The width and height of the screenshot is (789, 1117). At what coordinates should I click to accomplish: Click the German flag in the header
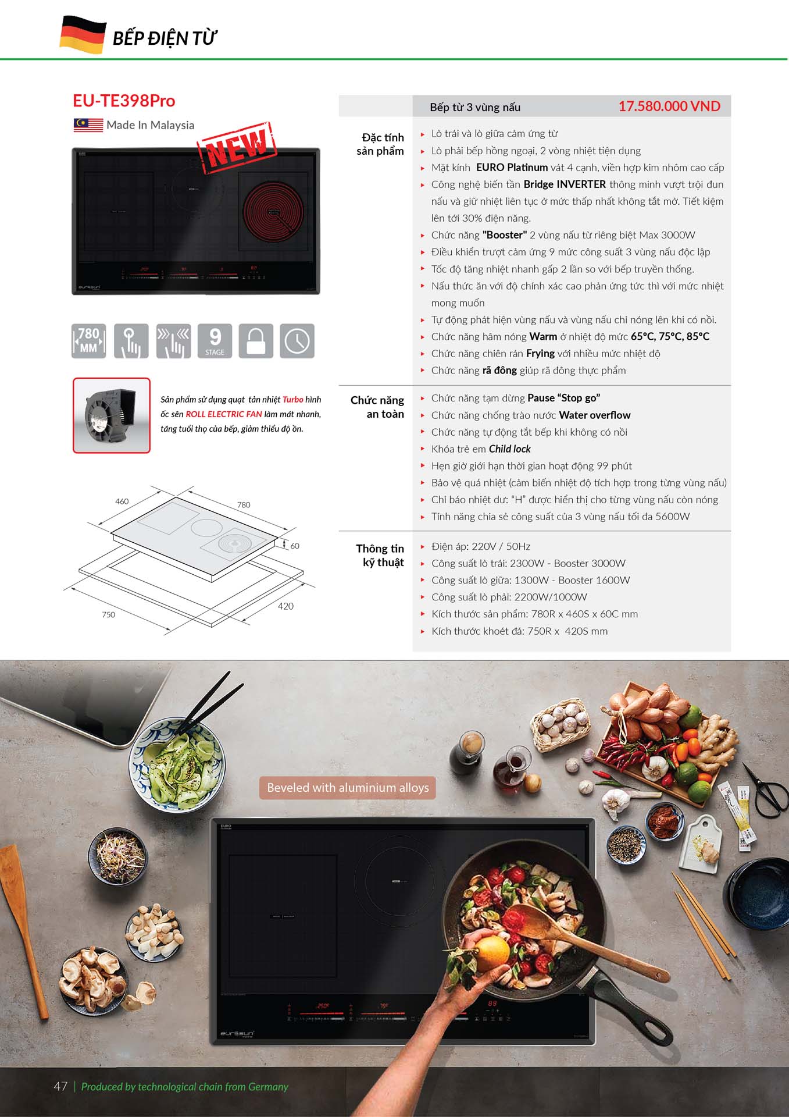click(x=83, y=35)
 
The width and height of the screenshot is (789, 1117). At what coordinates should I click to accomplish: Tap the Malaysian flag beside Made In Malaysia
click(x=88, y=125)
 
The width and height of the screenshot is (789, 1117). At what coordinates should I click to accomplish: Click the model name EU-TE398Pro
click(x=124, y=101)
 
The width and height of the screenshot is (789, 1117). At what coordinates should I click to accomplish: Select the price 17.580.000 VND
click(x=669, y=106)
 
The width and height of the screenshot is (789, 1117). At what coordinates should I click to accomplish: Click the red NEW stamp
click(x=237, y=147)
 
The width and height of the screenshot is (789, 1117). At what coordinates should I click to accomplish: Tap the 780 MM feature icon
click(x=89, y=341)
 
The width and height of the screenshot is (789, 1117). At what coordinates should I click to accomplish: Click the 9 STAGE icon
click(x=215, y=341)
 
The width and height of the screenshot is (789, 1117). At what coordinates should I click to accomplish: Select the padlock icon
click(x=256, y=341)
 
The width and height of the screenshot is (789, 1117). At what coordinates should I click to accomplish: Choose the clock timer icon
click(x=297, y=341)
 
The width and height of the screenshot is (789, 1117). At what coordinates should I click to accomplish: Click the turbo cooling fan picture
click(x=112, y=415)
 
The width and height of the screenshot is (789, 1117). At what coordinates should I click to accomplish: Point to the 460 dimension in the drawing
click(x=122, y=501)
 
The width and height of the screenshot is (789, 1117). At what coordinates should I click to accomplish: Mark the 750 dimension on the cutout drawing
click(x=109, y=614)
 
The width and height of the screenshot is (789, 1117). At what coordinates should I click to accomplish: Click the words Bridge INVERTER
click(x=565, y=184)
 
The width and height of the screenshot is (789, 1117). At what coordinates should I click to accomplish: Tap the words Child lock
click(x=510, y=449)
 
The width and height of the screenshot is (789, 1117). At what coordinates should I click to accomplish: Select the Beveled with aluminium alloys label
click(x=348, y=788)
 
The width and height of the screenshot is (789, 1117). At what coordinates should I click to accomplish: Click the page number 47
click(x=60, y=1086)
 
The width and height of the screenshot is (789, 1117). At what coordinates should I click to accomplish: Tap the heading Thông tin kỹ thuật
click(x=380, y=556)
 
